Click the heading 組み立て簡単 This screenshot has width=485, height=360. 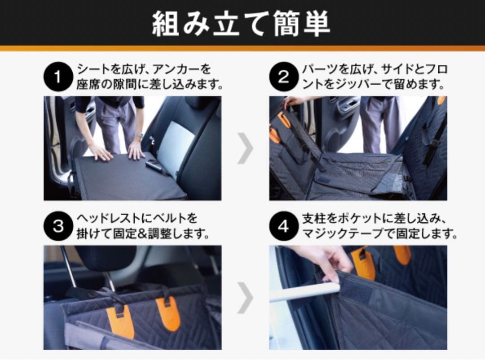241,24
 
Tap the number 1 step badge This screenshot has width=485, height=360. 58,77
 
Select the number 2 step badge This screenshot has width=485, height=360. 283,77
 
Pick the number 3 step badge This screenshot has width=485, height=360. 58,226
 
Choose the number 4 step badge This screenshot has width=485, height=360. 283,226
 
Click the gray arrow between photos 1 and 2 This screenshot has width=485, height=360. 245,148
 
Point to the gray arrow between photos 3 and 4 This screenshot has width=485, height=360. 245,298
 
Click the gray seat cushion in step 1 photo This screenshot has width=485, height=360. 172,143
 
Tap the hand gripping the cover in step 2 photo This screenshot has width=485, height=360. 293,101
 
